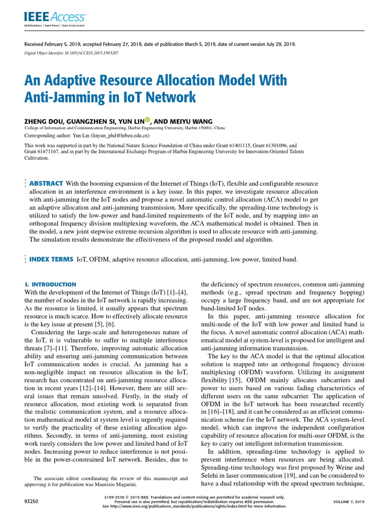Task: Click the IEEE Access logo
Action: tap(55, 18)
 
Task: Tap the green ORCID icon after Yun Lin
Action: tap(148, 120)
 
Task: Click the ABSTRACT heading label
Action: tap(46, 183)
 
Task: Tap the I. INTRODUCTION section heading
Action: tap(50, 284)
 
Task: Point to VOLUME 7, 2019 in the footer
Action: tap(349, 502)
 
